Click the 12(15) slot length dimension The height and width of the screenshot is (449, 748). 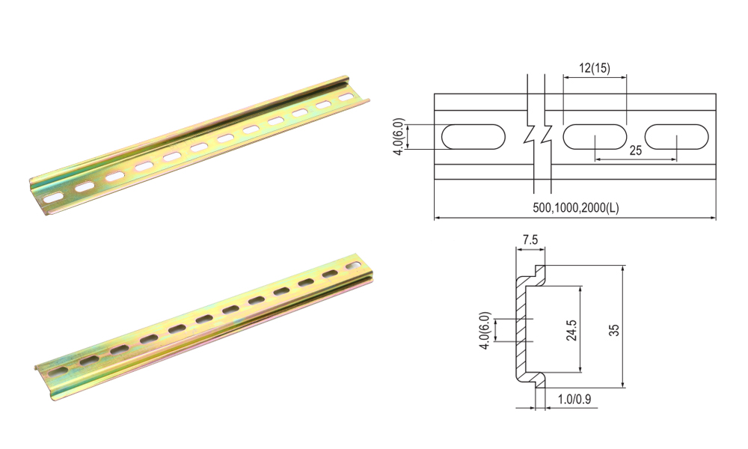pos(595,68)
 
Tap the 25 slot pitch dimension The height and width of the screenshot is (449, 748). pos(635,150)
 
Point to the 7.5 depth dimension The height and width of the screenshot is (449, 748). pos(530,240)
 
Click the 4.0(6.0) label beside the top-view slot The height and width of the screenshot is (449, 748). pos(399,137)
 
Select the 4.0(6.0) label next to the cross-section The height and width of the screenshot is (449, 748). pos(487,330)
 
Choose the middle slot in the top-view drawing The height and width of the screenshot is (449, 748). pos(595,137)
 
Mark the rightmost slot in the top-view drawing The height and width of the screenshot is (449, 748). pos(676,137)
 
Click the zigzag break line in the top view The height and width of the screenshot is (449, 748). pos(538,135)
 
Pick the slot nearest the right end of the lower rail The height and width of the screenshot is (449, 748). pos(352,266)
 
